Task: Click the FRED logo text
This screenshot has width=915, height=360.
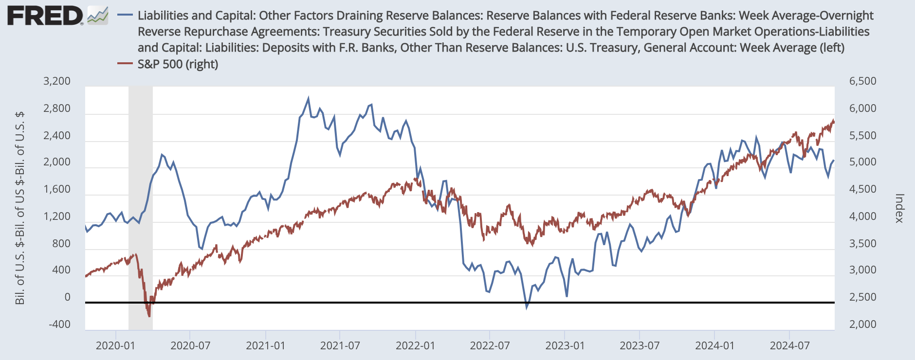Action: [45, 16]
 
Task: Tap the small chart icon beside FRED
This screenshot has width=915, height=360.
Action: [98, 16]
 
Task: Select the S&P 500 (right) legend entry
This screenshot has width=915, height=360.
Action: [178, 64]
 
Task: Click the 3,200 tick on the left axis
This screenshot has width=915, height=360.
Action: [57, 81]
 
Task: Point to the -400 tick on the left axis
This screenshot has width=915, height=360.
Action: [59, 324]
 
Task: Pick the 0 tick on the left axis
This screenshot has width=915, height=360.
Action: [67, 297]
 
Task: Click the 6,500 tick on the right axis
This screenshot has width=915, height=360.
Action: [862, 81]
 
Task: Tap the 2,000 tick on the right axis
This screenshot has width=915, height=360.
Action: [862, 324]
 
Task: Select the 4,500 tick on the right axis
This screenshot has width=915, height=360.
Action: [862, 189]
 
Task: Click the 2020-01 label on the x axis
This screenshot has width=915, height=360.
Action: [115, 346]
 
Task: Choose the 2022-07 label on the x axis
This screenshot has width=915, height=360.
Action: [490, 346]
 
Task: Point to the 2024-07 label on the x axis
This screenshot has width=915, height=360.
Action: [789, 346]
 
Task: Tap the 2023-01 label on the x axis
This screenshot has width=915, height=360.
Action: [565, 346]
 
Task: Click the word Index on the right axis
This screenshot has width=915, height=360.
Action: [899, 208]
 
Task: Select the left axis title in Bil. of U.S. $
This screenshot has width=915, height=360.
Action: [20, 208]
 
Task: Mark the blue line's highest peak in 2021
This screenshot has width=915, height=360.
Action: [308, 98]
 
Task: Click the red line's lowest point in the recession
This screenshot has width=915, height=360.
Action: [149, 316]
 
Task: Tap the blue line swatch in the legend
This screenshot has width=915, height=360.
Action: [126, 16]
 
